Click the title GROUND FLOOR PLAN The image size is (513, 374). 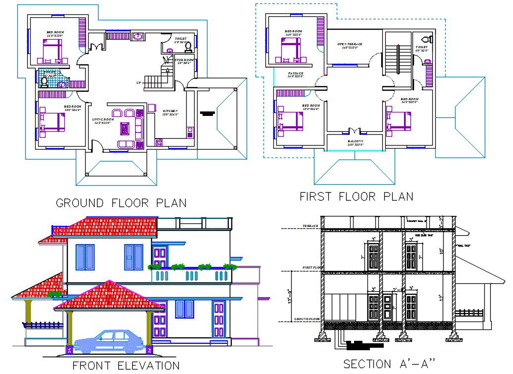tap(121, 203)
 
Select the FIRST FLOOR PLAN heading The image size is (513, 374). tap(356, 197)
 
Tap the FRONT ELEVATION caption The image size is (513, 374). tap(126, 366)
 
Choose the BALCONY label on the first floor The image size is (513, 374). tap(355, 143)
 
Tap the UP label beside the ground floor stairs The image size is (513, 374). tap(139, 82)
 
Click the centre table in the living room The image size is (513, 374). tap(125, 129)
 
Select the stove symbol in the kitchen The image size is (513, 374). tap(159, 142)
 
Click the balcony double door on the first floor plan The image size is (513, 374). tap(354, 131)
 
